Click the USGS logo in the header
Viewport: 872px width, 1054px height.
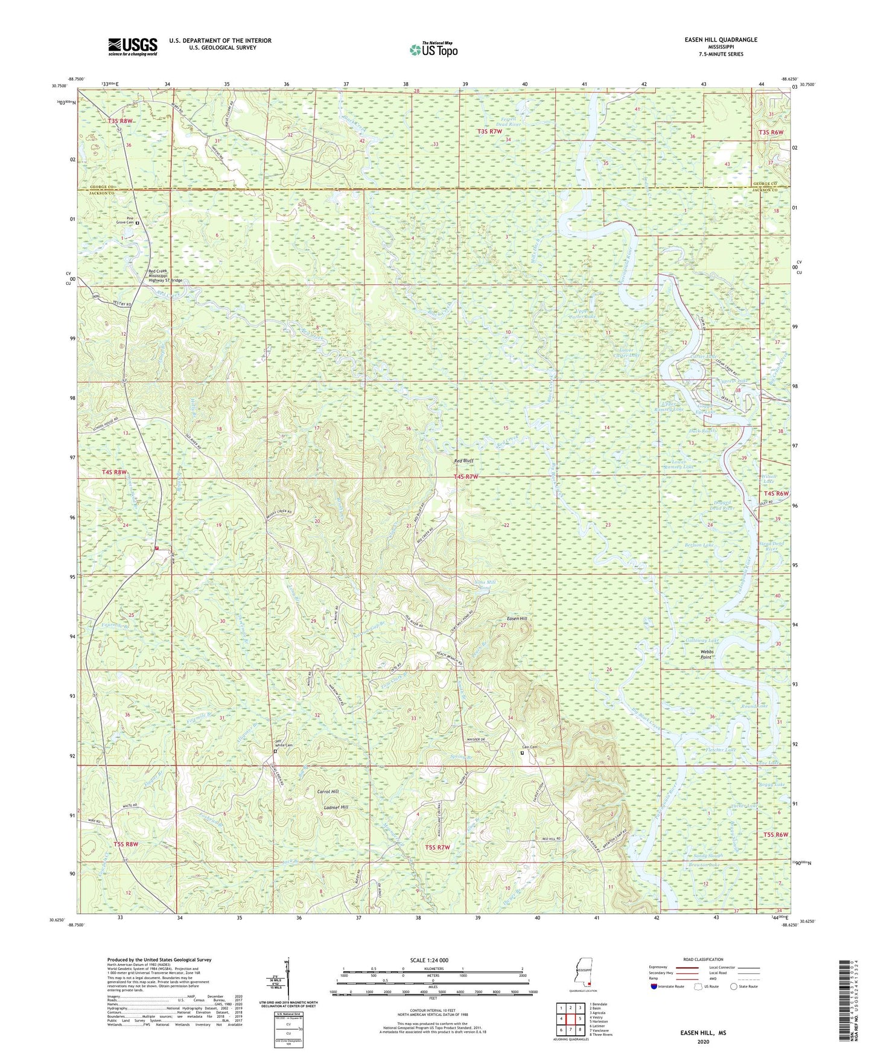tap(133, 46)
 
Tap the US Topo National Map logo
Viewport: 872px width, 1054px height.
tap(433, 50)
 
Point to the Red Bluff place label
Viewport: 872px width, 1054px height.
tap(463, 461)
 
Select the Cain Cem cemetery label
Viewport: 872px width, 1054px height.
tap(530, 747)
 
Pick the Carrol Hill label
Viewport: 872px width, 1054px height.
tap(328, 791)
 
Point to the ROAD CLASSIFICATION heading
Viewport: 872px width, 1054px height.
tap(704, 959)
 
